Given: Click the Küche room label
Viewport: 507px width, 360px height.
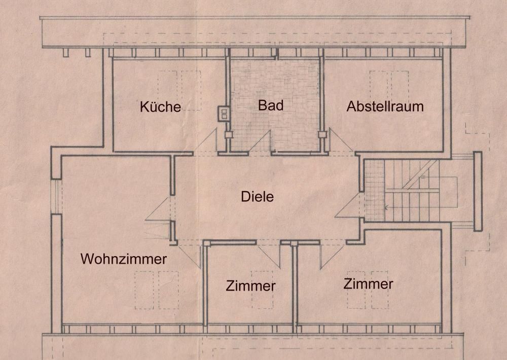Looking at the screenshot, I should pos(160,107).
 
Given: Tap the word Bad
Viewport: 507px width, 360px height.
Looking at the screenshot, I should pos(270,106).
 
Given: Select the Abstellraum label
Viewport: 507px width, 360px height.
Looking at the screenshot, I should pos(385,107).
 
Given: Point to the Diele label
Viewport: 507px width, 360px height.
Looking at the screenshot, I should pos(257,196).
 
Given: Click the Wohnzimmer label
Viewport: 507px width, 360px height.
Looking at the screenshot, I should pos(124,259).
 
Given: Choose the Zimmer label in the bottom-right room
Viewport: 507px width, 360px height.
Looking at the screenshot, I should pos(368,284).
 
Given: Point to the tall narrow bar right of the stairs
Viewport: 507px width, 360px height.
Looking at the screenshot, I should pos(477,191).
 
